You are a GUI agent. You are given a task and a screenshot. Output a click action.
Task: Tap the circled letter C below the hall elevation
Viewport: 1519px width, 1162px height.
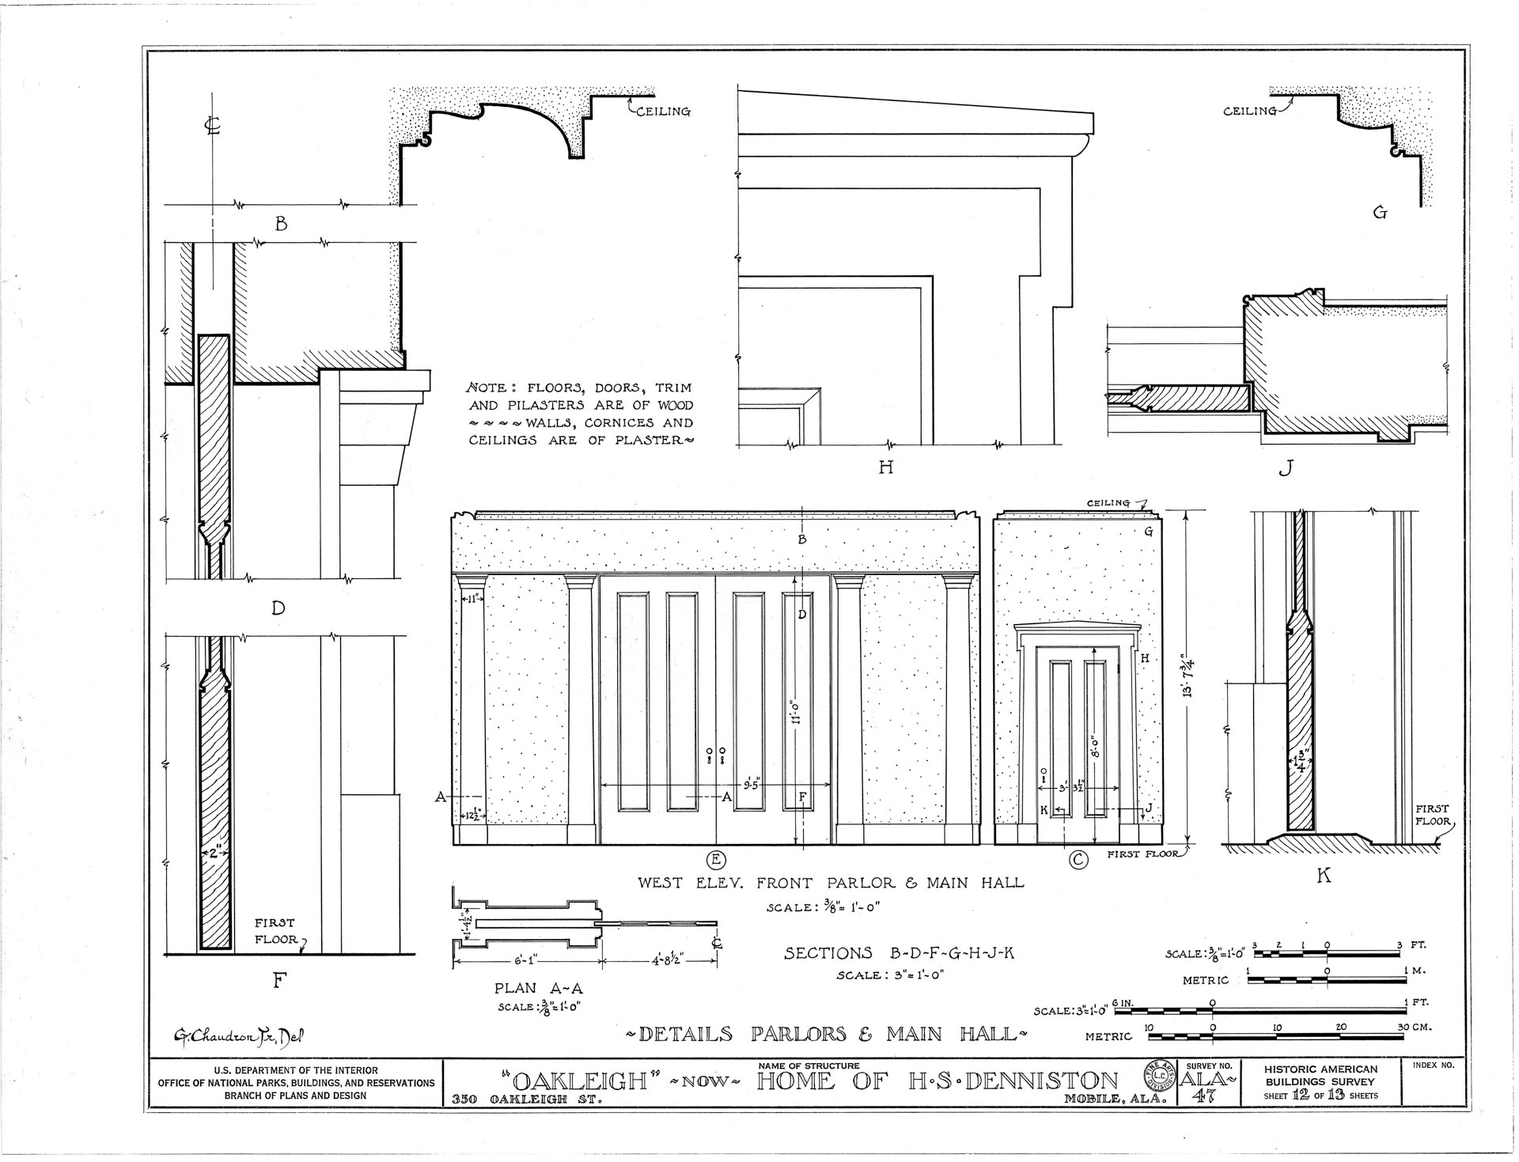tap(1078, 859)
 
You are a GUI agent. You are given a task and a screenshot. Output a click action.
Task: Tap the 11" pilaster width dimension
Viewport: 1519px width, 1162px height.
tap(472, 599)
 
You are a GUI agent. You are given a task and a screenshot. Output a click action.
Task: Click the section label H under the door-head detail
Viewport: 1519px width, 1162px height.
tap(885, 467)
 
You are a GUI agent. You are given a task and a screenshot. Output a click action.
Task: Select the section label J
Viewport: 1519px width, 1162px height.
tap(1285, 468)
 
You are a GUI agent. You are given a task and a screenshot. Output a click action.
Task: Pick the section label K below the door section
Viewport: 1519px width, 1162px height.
tap(1323, 876)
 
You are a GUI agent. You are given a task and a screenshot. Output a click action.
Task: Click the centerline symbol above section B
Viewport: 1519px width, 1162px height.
tap(212, 126)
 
